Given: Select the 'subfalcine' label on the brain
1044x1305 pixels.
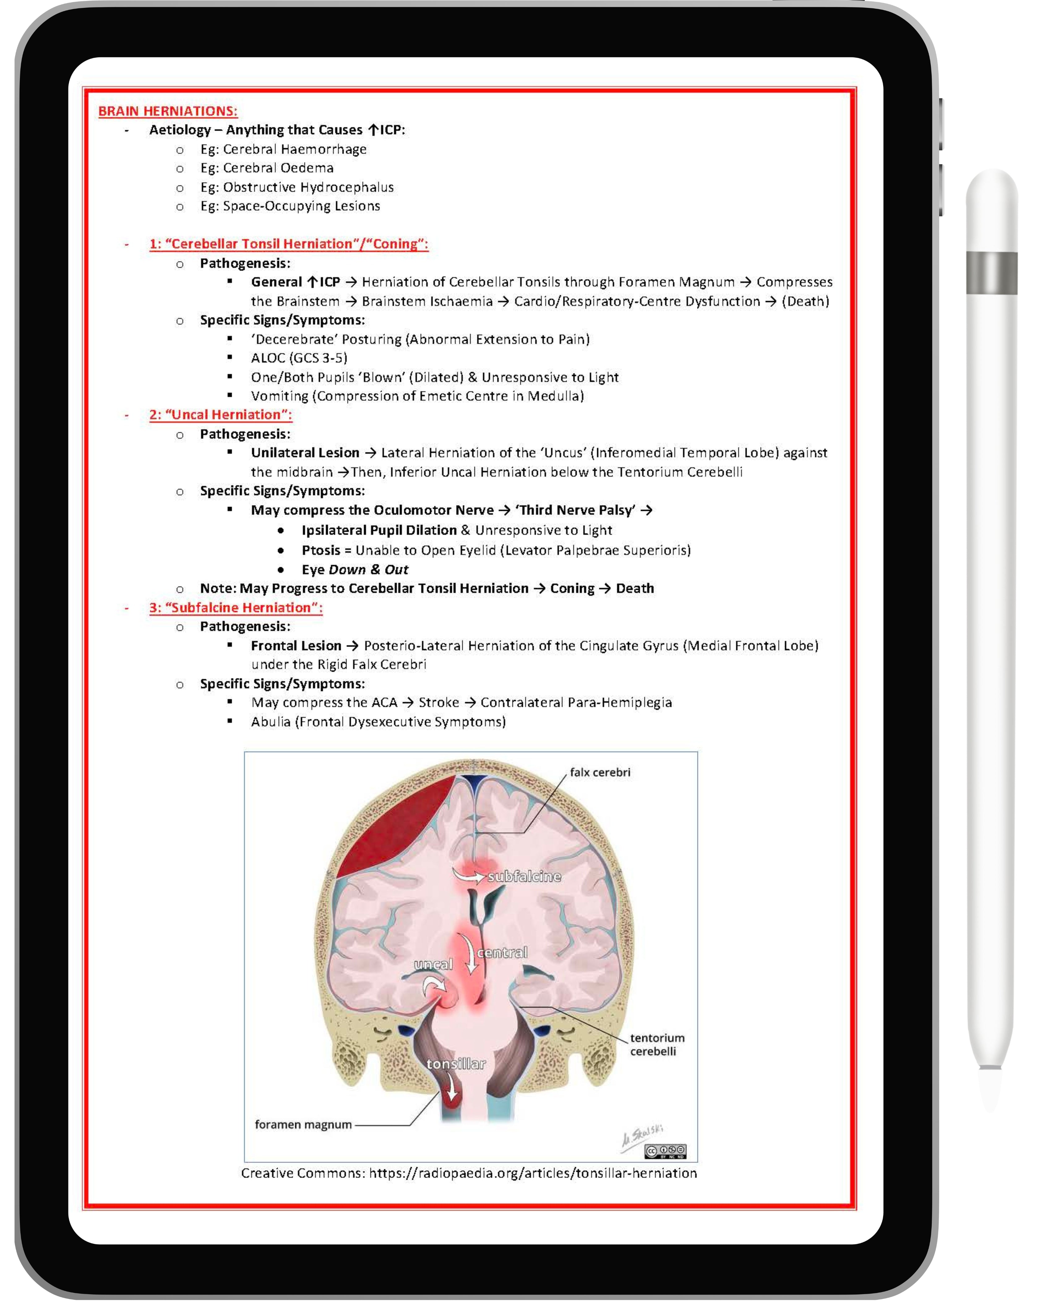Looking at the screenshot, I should pos(524,877).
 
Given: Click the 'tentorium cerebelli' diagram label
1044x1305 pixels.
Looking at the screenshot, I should pos(657,1044).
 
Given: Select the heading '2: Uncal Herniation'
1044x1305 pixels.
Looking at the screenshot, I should pos(220,414).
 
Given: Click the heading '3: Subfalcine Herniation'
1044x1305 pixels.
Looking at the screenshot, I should pos(235,608).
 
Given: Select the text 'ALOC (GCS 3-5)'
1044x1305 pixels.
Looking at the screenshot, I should pos(299,358).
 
